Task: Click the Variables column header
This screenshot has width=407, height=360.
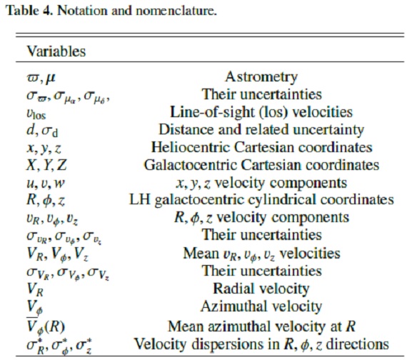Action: coord(56,51)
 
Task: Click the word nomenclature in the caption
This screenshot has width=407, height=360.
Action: coord(176,11)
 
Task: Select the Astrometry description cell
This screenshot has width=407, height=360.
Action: coord(261,77)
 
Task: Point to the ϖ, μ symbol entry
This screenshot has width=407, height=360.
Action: coord(41,78)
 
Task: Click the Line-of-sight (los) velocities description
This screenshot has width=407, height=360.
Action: coord(261,112)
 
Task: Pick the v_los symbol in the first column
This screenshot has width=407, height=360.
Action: coord(36,114)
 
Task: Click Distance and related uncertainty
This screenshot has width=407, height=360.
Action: coord(261,129)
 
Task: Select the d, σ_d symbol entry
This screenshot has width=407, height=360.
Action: coord(42,130)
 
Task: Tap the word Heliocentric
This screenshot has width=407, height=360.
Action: coord(191,147)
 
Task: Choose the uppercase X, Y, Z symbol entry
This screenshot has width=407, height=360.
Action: coord(46,165)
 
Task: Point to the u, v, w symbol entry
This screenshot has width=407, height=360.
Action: coord(46,184)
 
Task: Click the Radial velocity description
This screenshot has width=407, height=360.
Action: coord(261,289)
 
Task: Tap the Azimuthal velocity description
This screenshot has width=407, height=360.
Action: coord(261,306)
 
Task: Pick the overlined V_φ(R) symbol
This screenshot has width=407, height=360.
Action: coord(46,326)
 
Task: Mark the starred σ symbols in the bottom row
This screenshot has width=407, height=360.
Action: coord(60,346)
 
